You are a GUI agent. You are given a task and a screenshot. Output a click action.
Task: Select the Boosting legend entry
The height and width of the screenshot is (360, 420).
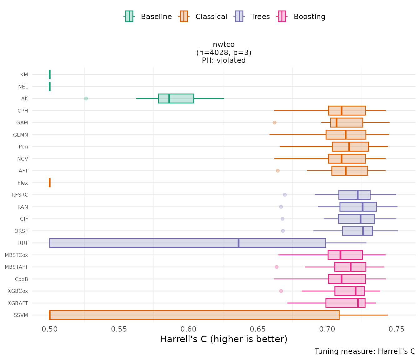coord(301,17)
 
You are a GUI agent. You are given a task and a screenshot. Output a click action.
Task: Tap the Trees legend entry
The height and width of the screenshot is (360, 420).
coord(252,17)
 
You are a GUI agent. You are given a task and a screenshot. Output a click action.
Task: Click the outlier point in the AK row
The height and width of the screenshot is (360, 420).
coord(86,98)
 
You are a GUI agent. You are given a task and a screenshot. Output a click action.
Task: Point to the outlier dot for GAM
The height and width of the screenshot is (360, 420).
coord(274,122)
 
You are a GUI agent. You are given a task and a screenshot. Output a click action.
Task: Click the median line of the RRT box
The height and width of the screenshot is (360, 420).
coord(239,243)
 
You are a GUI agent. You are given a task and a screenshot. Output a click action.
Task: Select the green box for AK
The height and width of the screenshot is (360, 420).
coord(176,98)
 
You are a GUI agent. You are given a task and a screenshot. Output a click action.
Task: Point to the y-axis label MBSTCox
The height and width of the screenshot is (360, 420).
coord(16,255)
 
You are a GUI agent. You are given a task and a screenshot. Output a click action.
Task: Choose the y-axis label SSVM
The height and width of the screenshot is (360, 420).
coord(21,315)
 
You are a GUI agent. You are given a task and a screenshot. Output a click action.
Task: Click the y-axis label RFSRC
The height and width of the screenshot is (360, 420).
coord(20,195)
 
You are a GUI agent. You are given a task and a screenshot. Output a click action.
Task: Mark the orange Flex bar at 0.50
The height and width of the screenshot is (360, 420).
coord(50,183)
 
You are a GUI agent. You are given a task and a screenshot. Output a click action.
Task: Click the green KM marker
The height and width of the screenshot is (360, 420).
coord(50,74)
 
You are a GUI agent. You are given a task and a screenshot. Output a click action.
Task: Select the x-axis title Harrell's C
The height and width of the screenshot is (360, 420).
coord(223,339)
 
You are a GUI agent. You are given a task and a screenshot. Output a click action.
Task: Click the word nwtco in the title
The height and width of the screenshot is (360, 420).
coord(223,44)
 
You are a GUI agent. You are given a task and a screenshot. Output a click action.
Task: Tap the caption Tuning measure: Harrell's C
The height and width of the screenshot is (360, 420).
coord(365,351)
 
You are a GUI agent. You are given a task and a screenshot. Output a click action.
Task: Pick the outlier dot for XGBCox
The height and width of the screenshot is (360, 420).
coord(281,291)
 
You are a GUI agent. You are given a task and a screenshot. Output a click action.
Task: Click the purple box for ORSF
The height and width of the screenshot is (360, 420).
coord(357,231)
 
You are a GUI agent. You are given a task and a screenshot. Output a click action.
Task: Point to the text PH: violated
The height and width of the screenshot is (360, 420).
coord(223,60)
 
